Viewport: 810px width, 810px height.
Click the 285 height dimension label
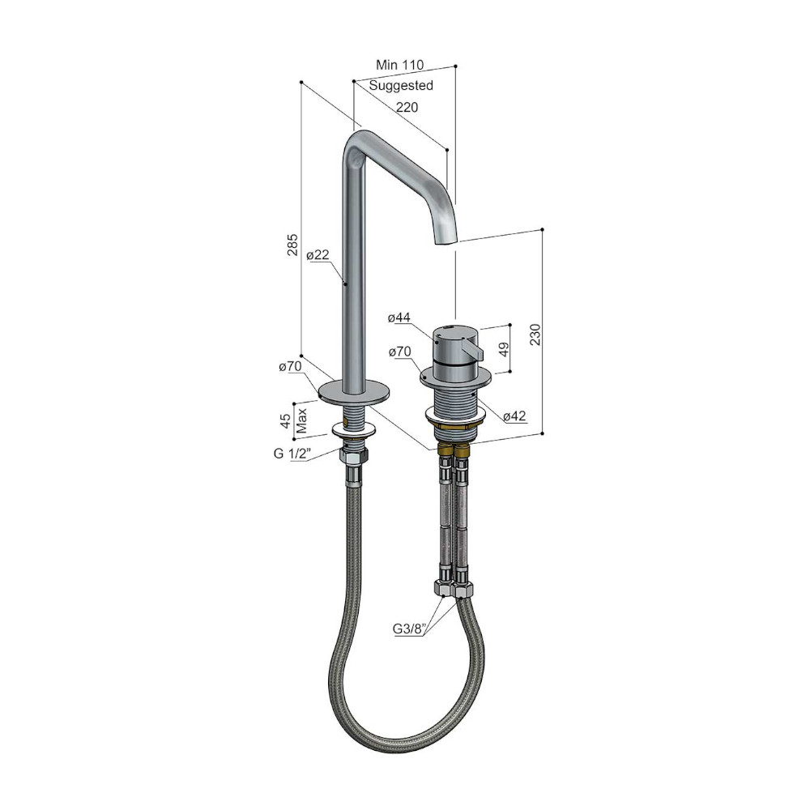point(292,245)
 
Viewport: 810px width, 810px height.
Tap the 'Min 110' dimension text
point(399,65)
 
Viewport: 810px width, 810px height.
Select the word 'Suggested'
point(401,85)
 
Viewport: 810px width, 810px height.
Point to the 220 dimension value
point(407,107)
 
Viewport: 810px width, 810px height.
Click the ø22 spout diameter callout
point(318,254)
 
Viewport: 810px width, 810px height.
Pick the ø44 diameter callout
point(399,318)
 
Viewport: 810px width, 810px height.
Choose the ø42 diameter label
point(514,416)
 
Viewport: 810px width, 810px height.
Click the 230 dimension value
point(535,335)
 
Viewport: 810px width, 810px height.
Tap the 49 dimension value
point(504,347)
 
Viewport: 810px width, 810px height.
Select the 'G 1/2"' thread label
point(292,454)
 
